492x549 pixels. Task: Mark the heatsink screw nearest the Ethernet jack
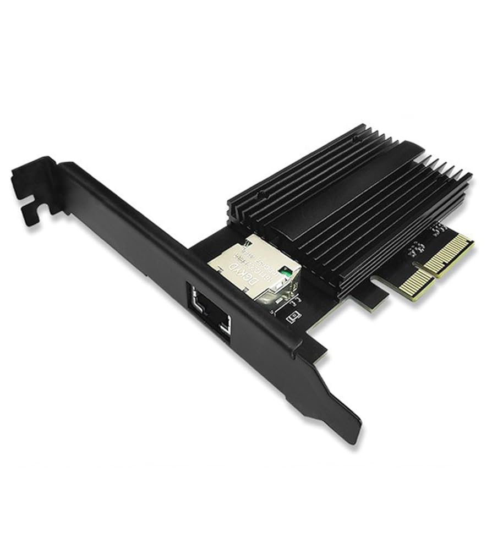(x=264, y=193)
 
